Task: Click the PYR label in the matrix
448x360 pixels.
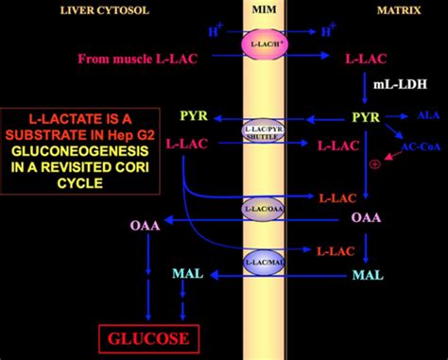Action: [366, 119]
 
